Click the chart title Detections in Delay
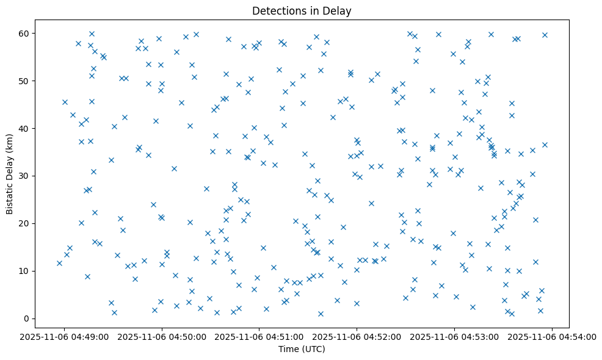point(302,11)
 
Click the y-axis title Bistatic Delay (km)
point(9,174)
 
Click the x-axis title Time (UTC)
point(302,349)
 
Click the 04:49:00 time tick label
point(64,336)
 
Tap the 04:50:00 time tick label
point(162,336)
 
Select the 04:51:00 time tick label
point(259,336)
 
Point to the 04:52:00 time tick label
point(357,336)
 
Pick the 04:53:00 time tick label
point(455,336)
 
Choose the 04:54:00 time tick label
point(553,336)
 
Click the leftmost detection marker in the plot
point(59,263)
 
